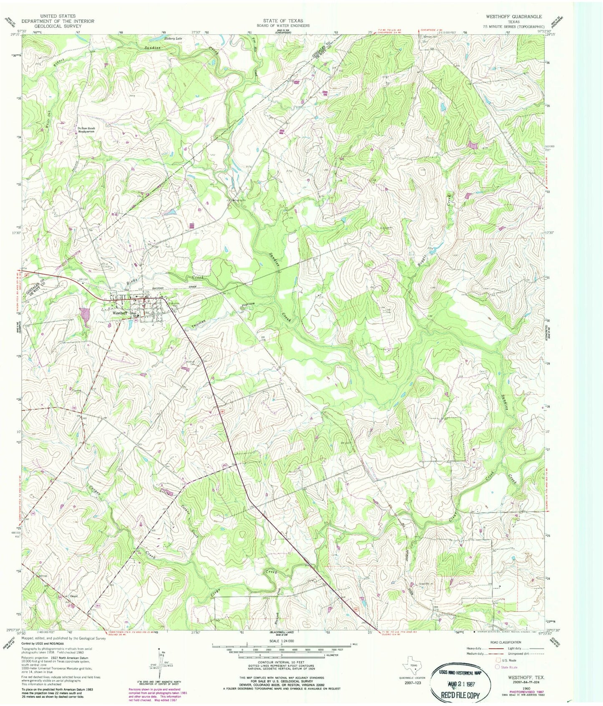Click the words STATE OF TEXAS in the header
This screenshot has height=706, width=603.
pos(283,20)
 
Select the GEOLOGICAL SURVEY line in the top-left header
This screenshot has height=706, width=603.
pos(58,26)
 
